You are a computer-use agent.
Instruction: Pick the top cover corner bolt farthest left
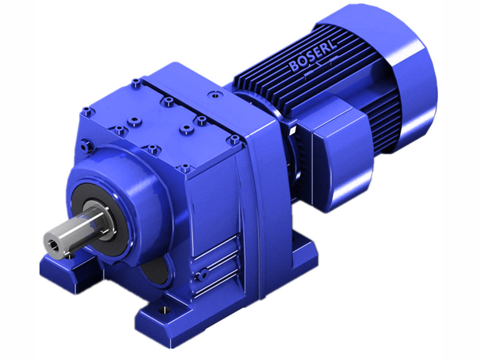coord(88,110)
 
